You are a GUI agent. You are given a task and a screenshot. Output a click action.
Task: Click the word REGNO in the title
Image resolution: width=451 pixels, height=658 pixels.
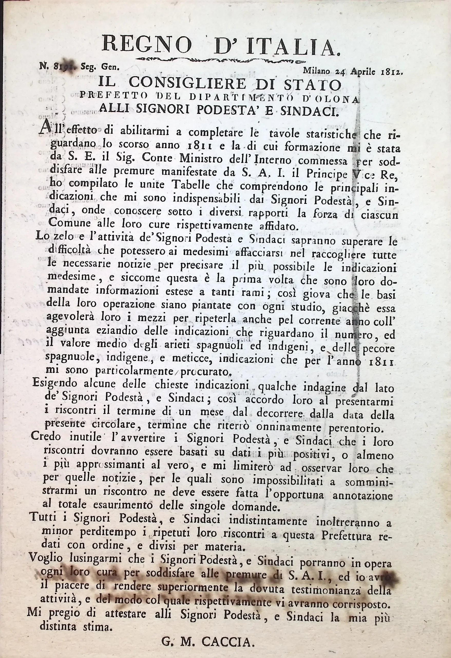147,44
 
